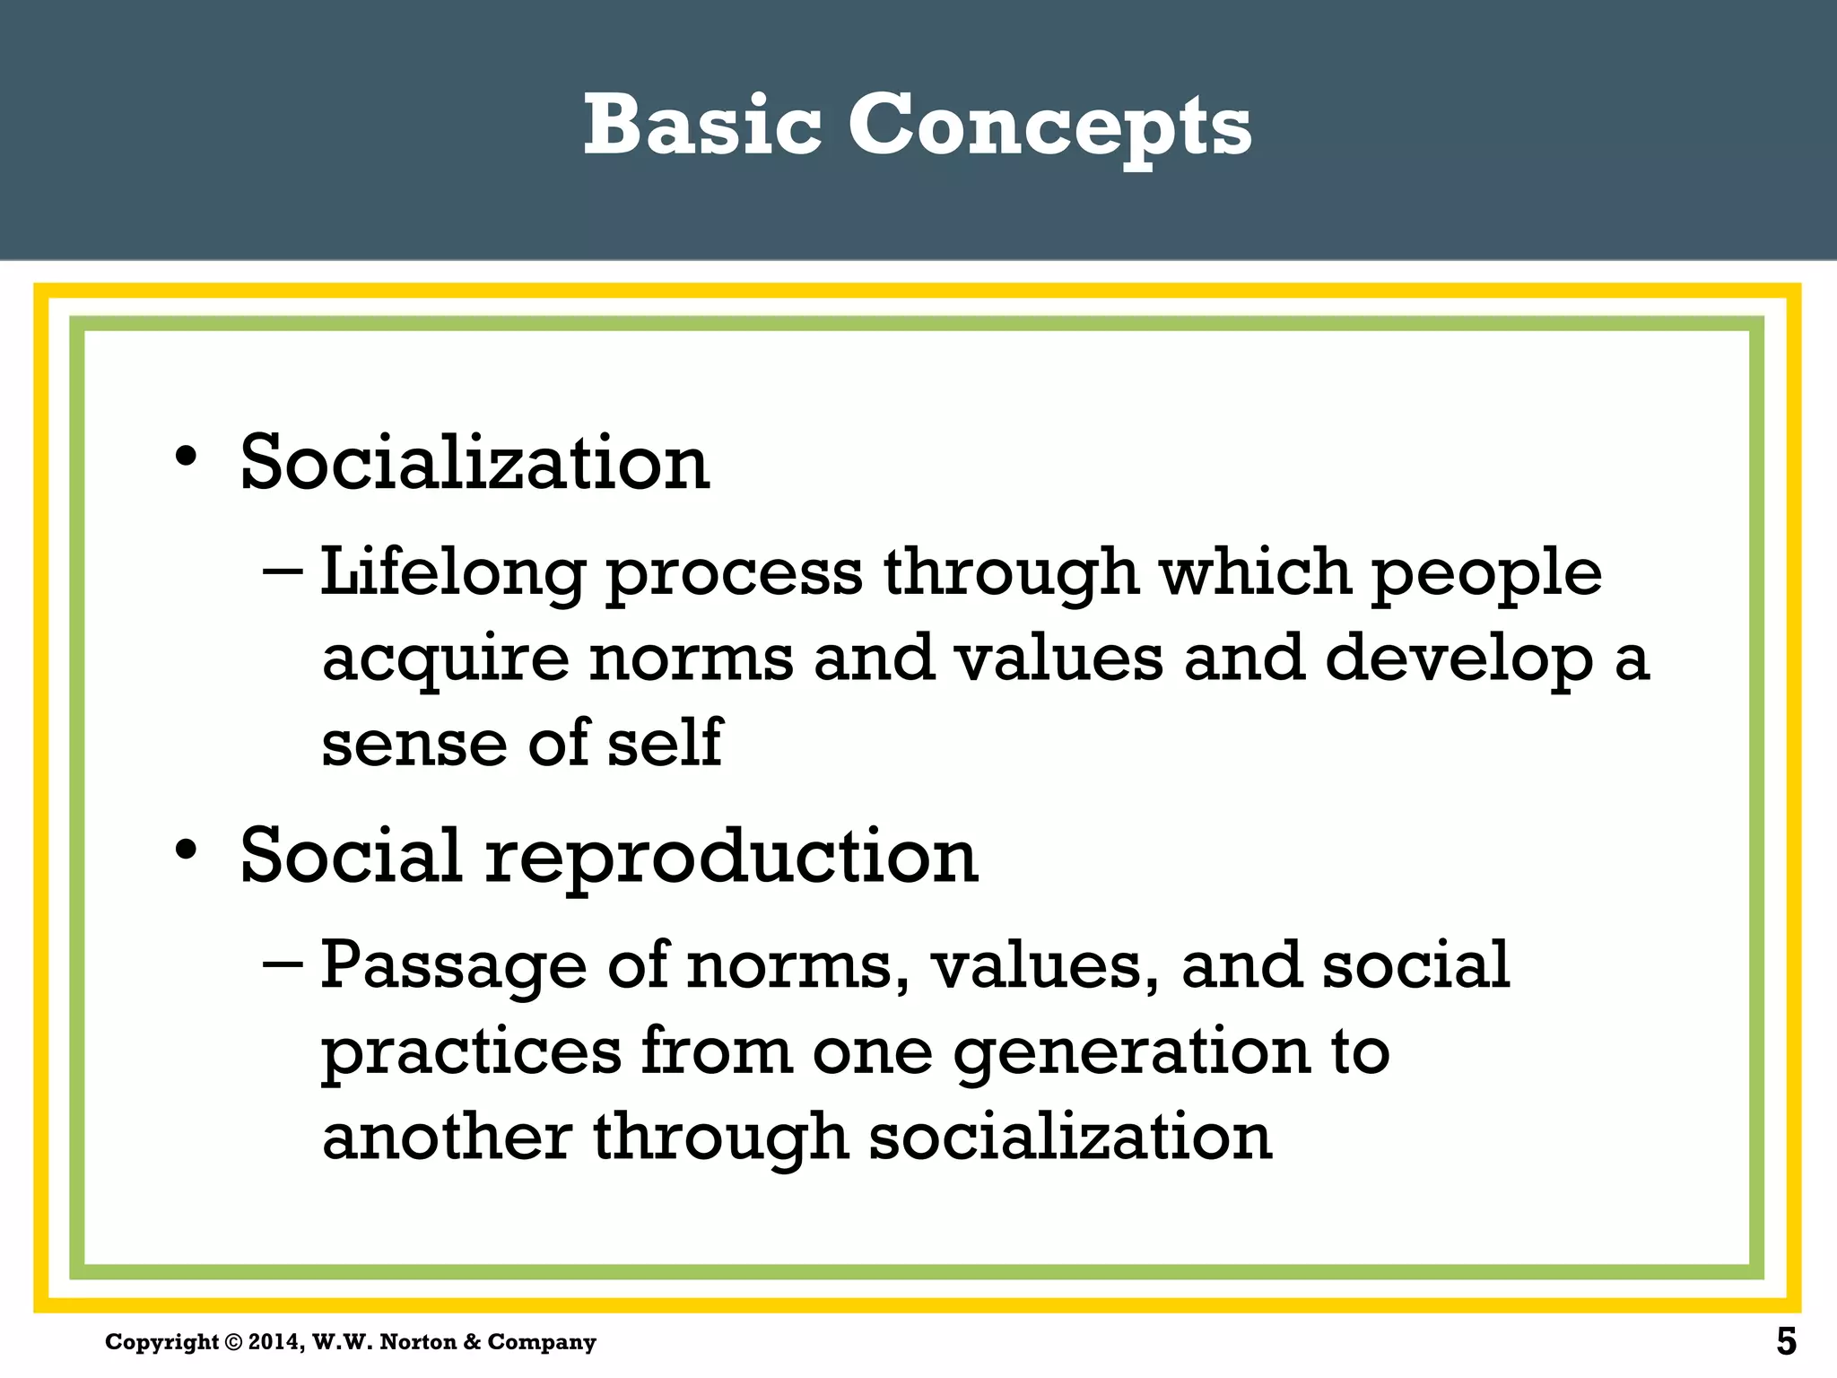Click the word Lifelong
[x=453, y=572]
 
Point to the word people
[x=1486, y=574]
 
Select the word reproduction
[x=731, y=857]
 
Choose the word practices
[x=471, y=1052]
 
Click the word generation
[x=1131, y=1052]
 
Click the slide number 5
[x=1786, y=1342]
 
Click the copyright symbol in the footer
[x=233, y=1342]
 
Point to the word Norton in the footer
[x=418, y=1342]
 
